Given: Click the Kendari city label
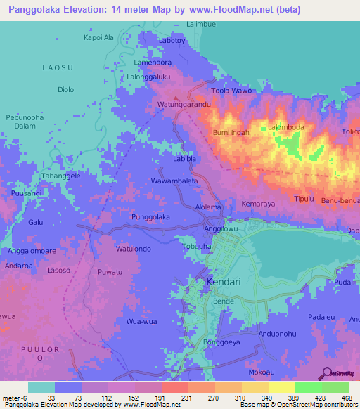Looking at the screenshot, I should (224, 283).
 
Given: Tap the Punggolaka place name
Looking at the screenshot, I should (151, 217).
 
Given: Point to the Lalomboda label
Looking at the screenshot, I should (285, 127).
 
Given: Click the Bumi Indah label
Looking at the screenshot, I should (231, 132).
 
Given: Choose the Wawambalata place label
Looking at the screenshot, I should (174, 181).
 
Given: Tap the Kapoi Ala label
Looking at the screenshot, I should (98, 37).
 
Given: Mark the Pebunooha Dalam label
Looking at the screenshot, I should (26, 122).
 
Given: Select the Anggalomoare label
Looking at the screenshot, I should (31, 250).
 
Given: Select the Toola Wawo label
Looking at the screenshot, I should (231, 91).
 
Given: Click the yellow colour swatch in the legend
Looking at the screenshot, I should (281, 387).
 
